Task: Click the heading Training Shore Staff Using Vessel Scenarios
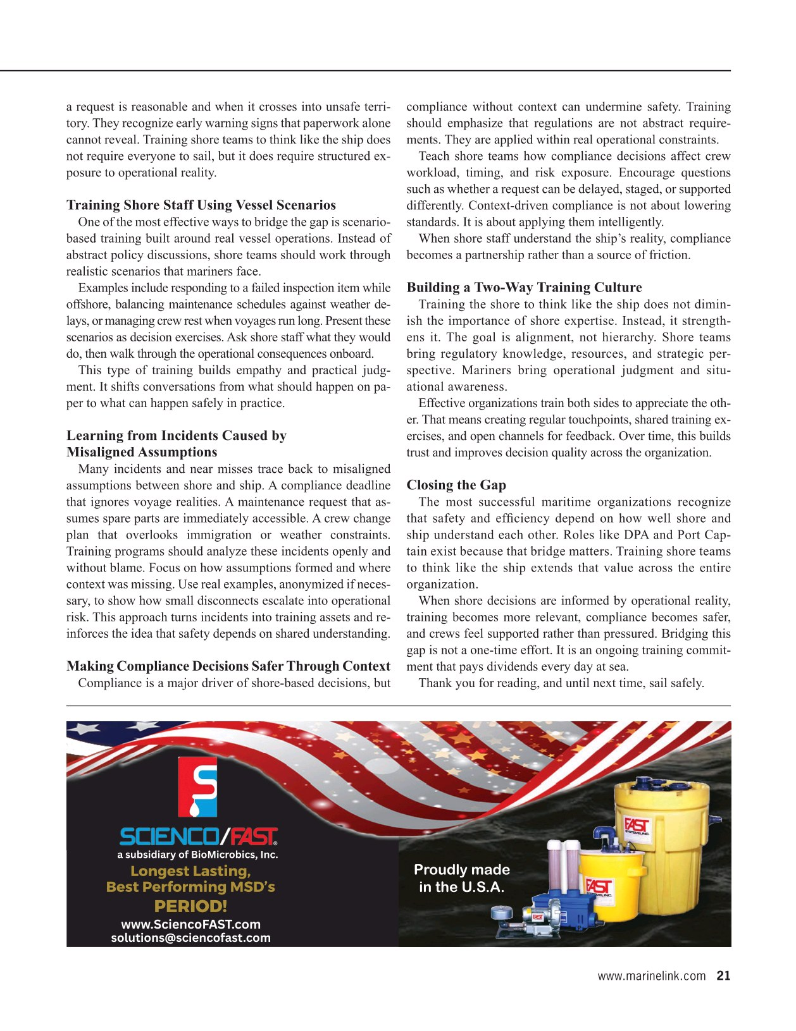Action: (x=201, y=205)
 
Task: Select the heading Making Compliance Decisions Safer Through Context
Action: (x=228, y=666)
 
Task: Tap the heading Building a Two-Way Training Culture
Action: (x=524, y=288)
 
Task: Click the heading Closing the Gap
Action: (x=456, y=485)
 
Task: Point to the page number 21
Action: (x=723, y=975)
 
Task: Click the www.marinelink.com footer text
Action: (x=651, y=976)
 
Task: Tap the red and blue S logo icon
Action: (x=197, y=788)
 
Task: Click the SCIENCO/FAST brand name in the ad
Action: (x=198, y=838)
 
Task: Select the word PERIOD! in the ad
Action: (x=190, y=906)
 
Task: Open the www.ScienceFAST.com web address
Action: (x=190, y=924)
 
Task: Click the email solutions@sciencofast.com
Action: (x=190, y=937)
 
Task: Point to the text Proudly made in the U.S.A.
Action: (x=461, y=879)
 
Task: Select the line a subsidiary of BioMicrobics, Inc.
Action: (x=197, y=855)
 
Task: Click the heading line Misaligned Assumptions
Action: (x=142, y=452)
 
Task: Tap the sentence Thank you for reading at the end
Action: (x=561, y=683)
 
